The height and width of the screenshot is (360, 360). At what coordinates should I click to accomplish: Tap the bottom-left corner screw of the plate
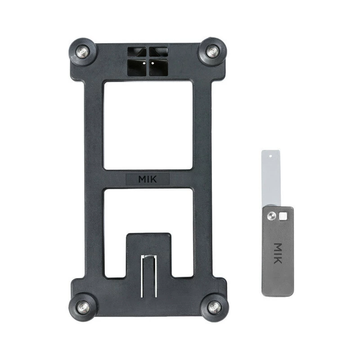[83, 307]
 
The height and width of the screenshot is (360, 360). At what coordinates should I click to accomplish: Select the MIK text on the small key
[278, 253]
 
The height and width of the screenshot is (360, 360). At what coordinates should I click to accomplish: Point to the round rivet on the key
[270, 216]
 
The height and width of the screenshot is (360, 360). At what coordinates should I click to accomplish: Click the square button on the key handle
[283, 216]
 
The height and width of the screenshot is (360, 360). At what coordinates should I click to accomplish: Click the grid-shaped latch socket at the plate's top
[148, 62]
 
